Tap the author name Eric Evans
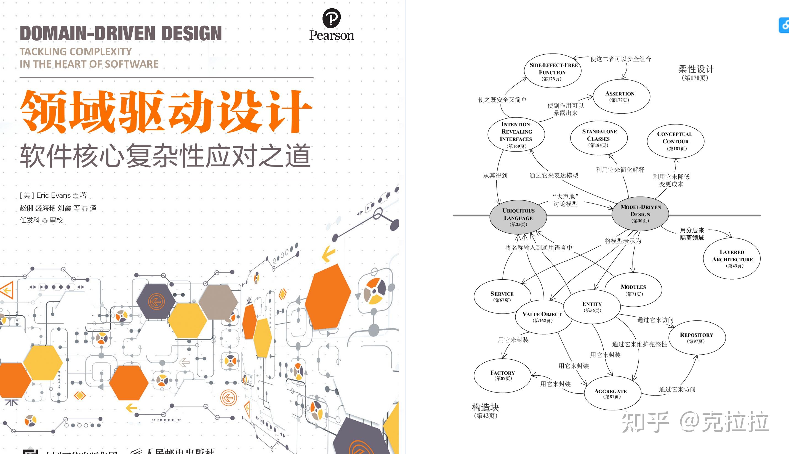point(53,195)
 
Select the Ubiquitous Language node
point(518,217)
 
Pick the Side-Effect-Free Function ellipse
point(553,71)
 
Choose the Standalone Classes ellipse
point(599,138)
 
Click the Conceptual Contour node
point(676,141)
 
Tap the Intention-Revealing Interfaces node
point(516,135)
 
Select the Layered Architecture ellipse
point(732,259)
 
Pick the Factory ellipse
point(502,375)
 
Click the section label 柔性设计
point(696,69)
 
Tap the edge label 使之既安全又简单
point(502,100)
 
